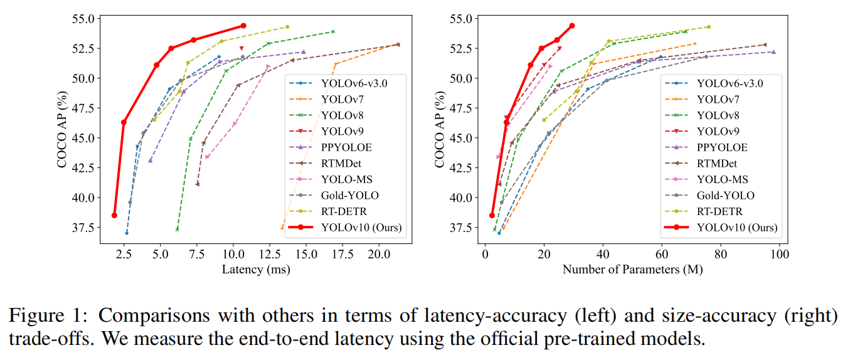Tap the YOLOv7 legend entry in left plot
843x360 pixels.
click(342, 98)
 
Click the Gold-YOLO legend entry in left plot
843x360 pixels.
click(349, 195)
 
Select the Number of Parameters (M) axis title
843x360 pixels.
click(632, 270)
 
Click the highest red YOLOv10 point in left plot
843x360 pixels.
click(243, 26)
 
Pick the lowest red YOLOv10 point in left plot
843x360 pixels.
click(114, 215)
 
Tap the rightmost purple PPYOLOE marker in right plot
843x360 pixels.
click(773, 52)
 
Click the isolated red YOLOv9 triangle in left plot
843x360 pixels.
click(241, 48)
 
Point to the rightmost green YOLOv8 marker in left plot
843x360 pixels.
click(333, 31)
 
